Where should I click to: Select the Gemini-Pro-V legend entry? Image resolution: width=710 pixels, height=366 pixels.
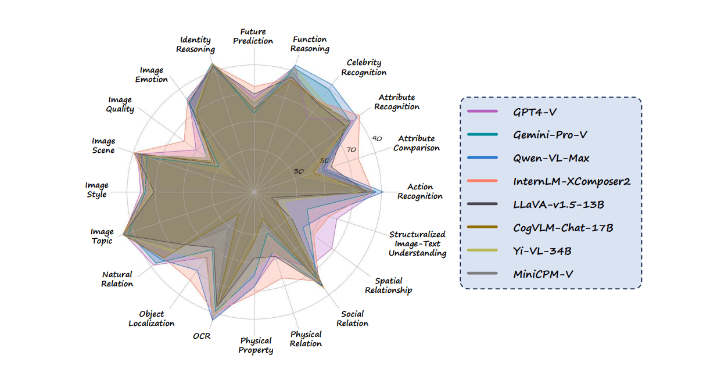(x=550, y=135)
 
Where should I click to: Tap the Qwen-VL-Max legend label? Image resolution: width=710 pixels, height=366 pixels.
(x=551, y=158)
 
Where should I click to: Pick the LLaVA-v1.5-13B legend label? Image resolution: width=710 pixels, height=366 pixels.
(x=559, y=204)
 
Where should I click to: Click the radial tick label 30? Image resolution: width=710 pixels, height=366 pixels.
(x=299, y=171)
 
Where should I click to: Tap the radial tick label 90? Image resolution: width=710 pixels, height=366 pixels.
(x=376, y=139)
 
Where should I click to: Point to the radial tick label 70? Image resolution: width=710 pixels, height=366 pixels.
(x=351, y=150)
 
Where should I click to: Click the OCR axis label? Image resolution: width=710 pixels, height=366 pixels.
(x=202, y=336)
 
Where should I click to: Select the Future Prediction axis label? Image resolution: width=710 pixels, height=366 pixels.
(x=253, y=37)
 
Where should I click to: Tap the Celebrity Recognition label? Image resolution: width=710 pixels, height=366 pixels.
(x=364, y=67)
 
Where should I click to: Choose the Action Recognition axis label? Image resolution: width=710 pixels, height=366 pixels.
(x=420, y=192)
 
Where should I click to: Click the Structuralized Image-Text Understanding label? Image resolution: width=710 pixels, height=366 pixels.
(x=417, y=243)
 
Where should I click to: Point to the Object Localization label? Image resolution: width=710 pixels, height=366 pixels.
(x=152, y=319)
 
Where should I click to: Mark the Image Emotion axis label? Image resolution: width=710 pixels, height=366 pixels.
(x=152, y=75)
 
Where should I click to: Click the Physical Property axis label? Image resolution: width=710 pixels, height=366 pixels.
(x=256, y=345)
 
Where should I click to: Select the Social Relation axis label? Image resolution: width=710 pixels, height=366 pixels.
(x=353, y=319)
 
